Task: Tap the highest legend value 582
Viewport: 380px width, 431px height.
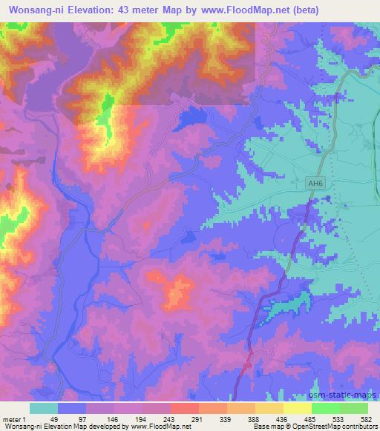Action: click(x=367, y=418)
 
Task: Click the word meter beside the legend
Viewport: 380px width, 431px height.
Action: click(x=13, y=418)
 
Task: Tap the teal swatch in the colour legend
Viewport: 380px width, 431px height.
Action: click(x=44, y=407)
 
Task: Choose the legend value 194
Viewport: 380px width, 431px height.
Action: click(x=142, y=418)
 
